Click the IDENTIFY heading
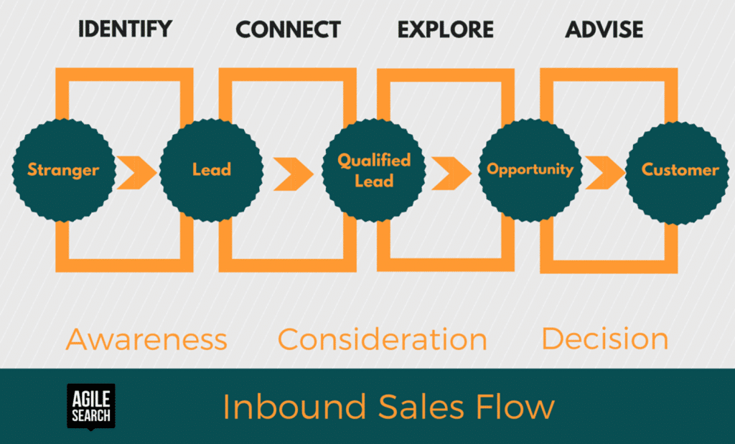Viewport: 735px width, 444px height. [x=125, y=29]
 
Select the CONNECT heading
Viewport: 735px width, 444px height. [x=288, y=29]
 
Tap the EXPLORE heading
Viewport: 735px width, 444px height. [x=446, y=29]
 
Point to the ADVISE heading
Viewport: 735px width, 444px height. [x=604, y=29]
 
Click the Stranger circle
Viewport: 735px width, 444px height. [x=63, y=170]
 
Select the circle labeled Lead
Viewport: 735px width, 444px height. [x=211, y=170]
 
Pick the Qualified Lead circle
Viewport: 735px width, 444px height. [x=374, y=171]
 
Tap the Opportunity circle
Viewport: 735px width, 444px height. [x=530, y=169]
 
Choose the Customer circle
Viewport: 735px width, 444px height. [x=679, y=170]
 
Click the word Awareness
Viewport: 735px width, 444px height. [x=146, y=339]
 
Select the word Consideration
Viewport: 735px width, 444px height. [x=382, y=339]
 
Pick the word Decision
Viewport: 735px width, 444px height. [x=604, y=339]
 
